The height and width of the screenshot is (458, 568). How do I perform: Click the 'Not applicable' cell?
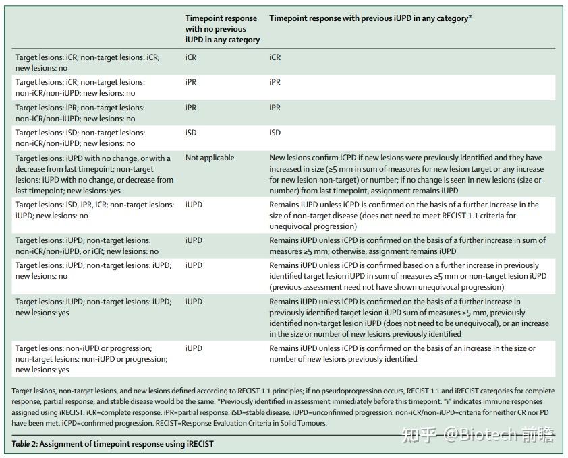pyautogui.click(x=210, y=158)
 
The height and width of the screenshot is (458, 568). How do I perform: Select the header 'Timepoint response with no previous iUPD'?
pyautogui.click(x=223, y=29)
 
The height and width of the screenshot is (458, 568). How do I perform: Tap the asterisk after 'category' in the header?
pyautogui.click(x=470, y=17)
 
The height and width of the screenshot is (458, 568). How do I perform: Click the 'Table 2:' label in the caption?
pyautogui.click(x=25, y=444)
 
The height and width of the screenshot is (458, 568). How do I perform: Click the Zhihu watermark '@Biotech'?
pyautogui.click(x=481, y=434)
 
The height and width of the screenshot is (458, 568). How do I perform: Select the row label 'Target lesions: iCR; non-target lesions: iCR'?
pyautogui.click(x=87, y=63)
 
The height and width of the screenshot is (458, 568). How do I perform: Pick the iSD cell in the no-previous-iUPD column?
pyautogui.click(x=191, y=133)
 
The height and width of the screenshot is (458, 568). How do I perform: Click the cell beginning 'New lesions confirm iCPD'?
pyautogui.click(x=407, y=174)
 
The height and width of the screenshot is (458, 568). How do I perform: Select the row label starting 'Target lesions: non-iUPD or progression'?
pyautogui.click(x=91, y=359)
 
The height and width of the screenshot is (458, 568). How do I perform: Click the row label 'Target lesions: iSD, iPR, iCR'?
pyautogui.click(x=94, y=210)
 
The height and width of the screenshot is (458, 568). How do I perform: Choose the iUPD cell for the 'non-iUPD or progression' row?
pyautogui.click(x=194, y=348)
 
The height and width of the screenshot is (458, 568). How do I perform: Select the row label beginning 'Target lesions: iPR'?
pyautogui.click(x=80, y=113)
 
